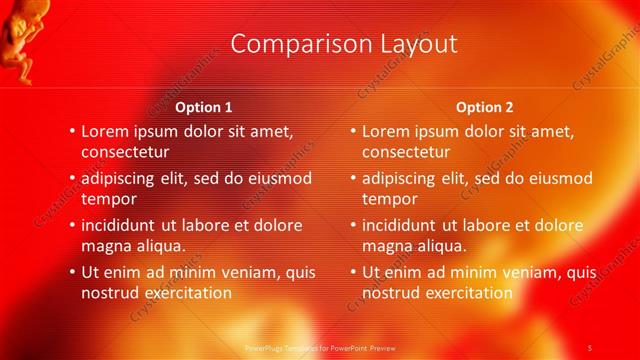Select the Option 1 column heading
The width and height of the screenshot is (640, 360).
204,107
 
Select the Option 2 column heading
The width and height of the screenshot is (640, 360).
484,107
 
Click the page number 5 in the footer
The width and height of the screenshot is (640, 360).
590,347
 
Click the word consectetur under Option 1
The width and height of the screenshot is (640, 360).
125,152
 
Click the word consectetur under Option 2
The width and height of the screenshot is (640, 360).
406,152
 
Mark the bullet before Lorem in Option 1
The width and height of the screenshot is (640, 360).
72,131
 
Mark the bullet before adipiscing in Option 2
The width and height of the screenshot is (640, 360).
353,178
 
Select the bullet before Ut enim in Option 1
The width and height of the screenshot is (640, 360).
72,271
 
